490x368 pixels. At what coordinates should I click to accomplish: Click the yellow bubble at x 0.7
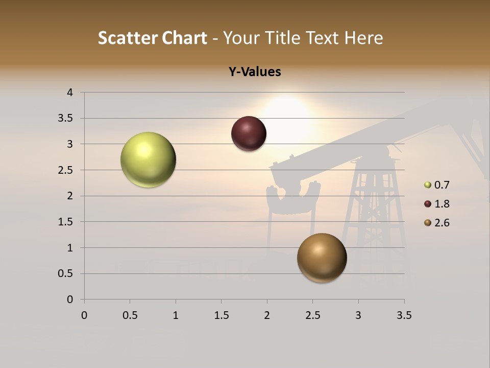[149, 159]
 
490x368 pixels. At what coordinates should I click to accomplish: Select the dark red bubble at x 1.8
[249, 133]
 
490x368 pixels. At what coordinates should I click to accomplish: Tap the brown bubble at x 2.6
[322, 258]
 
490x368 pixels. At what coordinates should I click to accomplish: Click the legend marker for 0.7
[428, 185]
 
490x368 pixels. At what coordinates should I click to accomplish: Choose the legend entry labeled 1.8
[442, 204]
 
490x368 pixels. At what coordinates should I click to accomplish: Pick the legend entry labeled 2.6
[442, 223]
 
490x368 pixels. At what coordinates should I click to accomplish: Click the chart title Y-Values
[255, 72]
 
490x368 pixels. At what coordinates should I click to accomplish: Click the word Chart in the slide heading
[184, 38]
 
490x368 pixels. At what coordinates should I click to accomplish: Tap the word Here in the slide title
[363, 38]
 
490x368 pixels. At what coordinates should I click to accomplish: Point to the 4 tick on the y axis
[70, 93]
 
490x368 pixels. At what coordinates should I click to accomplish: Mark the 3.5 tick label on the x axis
[404, 315]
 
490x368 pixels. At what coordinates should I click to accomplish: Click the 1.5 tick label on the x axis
[221, 315]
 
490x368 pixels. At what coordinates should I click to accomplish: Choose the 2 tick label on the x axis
[267, 315]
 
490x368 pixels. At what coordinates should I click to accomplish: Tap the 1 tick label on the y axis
[70, 248]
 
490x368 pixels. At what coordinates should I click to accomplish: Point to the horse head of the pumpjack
[293, 197]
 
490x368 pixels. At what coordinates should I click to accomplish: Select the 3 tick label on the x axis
[358, 315]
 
